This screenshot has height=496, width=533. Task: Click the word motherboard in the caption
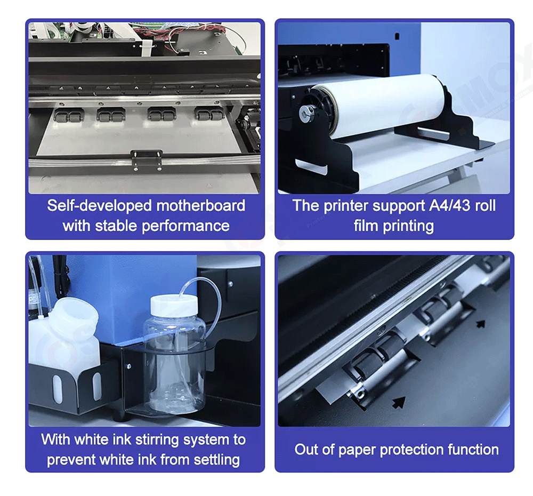pyautogui.click(x=200, y=205)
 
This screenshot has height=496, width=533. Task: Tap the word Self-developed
pyautogui.click(x=99, y=206)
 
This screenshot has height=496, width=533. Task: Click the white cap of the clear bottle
pyautogui.click(x=174, y=305)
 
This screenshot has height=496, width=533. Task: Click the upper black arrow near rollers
pyautogui.click(x=480, y=324)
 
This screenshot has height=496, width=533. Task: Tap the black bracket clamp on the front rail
pyautogui.click(x=147, y=159)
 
